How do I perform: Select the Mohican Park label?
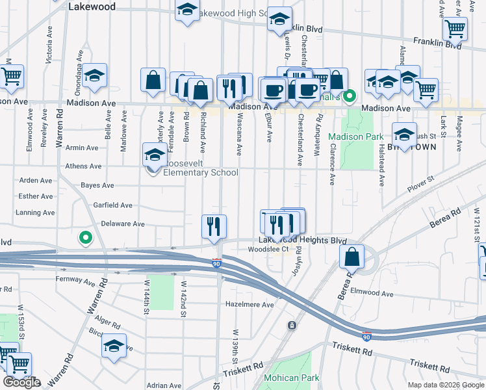point(291,378)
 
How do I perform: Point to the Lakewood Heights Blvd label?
point(298,240)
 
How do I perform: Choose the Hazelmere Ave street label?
point(249,304)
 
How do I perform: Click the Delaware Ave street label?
point(123,224)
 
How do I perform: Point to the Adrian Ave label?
point(163,385)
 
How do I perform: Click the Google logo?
point(21,382)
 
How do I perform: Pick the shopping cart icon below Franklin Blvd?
point(455,29)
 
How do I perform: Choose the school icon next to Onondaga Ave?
point(95,75)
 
